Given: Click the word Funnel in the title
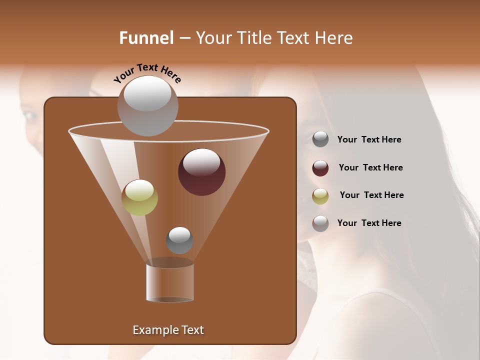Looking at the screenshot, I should pos(146,38).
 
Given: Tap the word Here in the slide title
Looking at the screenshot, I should pos(332,38).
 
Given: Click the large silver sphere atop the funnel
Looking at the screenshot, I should pos(147,105).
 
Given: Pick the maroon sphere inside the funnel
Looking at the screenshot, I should pos(201,172).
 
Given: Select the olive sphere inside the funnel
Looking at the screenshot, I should pos(139,197).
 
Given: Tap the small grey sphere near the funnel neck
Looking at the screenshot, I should pos(179,240).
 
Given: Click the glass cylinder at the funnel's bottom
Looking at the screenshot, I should pos(170,283).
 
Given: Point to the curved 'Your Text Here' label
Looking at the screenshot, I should pos(147,73).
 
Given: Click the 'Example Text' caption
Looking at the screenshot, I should pos(168,330).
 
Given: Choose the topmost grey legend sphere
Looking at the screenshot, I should pos(320,139).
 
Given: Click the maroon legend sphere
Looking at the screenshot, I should pos(320,168).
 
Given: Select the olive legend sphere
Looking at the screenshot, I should pos(320,196).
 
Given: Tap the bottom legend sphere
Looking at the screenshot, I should pos(320,223).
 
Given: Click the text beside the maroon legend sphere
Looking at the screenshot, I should pos(370,167).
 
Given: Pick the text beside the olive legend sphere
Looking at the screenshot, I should pos(371,195).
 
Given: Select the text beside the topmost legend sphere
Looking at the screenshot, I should pos(369,139).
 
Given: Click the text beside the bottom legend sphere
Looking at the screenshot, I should pos(369,223).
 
